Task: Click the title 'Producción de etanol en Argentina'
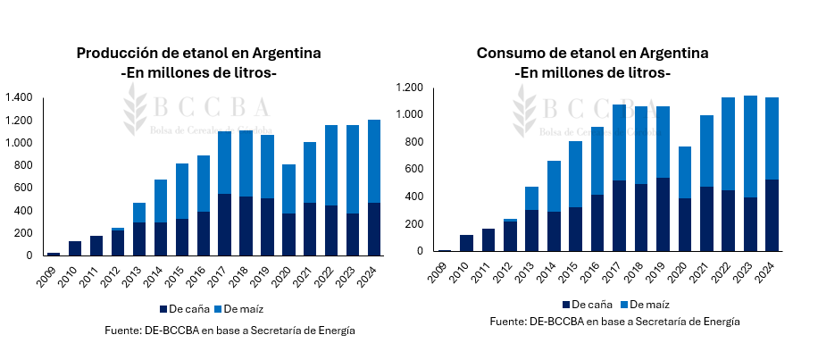(198, 54)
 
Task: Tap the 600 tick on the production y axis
(23, 188)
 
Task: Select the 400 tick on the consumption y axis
(417, 197)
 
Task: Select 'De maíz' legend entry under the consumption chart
(645, 305)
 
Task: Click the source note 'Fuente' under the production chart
(230, 330)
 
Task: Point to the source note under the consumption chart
(614, 322)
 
